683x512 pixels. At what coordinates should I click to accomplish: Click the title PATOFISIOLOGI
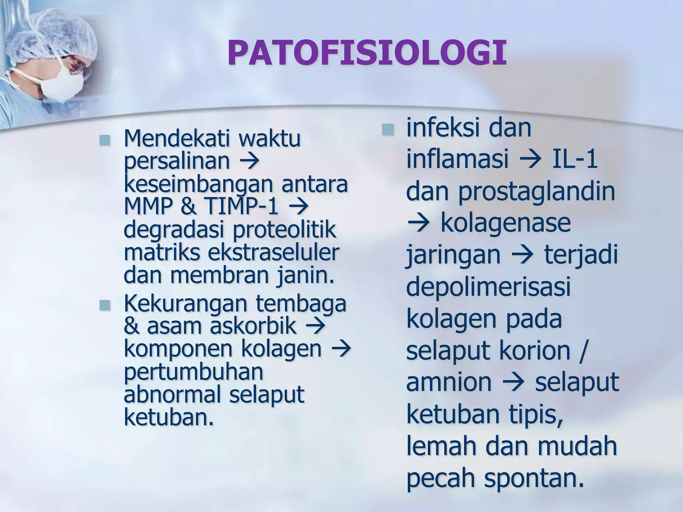[367, 53]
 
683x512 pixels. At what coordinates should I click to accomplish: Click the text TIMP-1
[242, 207]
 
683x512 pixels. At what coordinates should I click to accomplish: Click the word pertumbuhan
[193, 372]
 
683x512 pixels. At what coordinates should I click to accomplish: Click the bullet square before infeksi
[388, 130]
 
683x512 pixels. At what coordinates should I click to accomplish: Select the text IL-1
[574, 159]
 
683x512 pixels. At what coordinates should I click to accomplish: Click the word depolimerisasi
[489, 287]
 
